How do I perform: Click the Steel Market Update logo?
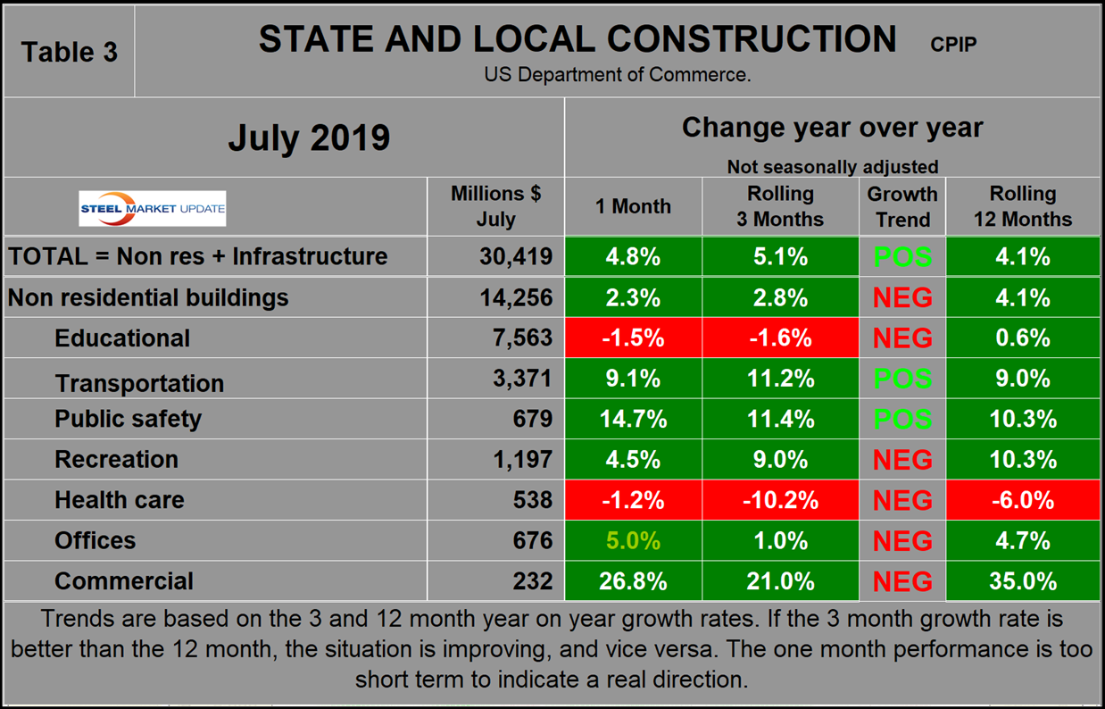[x=153, y=209]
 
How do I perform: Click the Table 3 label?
[x=70, y=52]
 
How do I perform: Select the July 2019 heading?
[x=309, y=138]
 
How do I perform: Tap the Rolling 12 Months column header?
[x=1023, y=206]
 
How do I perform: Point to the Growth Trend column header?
[x=902, y=206]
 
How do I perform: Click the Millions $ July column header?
[x=496, y=205]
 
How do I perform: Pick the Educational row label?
[x=122, y=338]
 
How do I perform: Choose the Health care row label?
[x=120, y=500]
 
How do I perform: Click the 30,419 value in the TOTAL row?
[x=514, y=257]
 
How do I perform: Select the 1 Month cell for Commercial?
[x=634, y=581]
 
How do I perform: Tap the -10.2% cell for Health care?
[x=781, y=500]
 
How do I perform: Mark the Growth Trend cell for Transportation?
[x=902, y=379]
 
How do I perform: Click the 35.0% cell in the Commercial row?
[x=1023, y=581]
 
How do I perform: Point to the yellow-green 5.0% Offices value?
[x=634, y=540]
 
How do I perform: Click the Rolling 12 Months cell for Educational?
[x=1023, y=338]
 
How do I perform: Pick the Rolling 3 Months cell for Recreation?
[x=781, y=459]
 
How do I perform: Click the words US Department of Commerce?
[x=618, y=75]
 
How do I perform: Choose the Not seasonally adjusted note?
[x=832, y=166]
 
